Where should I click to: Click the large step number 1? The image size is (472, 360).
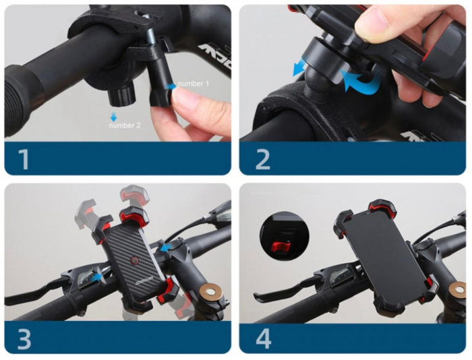(x=24, y=160)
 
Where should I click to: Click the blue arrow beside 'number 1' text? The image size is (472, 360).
(x=172, y=86)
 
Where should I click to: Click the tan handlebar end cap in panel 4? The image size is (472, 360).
(x=456, y=291)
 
